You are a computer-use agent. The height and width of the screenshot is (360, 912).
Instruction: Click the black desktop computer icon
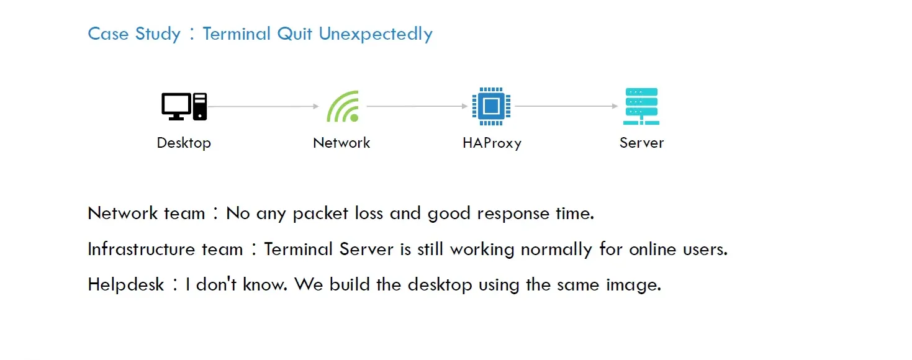click(x=184, y=106)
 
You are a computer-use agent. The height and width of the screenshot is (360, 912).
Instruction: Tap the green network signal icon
click(x=343, y=106)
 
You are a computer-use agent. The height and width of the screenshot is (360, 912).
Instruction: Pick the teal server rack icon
click(x=641, y=106)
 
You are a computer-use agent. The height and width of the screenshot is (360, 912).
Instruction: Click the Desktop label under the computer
click(x=184, y=143)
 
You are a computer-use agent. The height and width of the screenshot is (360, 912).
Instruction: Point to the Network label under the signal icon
click(x=341, y=143)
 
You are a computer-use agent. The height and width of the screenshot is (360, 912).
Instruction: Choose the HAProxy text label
click(x=492, y=143)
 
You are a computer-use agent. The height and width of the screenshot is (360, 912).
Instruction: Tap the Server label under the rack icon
click(x=641, y=143)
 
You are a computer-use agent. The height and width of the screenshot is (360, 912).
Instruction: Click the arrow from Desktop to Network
click(x=263, y=107)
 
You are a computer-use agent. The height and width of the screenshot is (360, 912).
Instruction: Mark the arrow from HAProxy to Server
click(x=566, y=107)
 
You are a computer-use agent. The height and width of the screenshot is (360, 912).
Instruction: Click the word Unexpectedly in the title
click(x=376, y=34)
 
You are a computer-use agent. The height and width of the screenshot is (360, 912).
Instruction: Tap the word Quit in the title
click(x=295, y=34)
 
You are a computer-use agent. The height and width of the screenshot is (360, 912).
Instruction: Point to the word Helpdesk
click(x=126, y=285)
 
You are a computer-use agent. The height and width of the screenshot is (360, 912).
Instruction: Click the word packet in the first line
click(x=321, y=214)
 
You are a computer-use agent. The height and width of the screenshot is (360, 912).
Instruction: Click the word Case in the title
click(x=108, y=34)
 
